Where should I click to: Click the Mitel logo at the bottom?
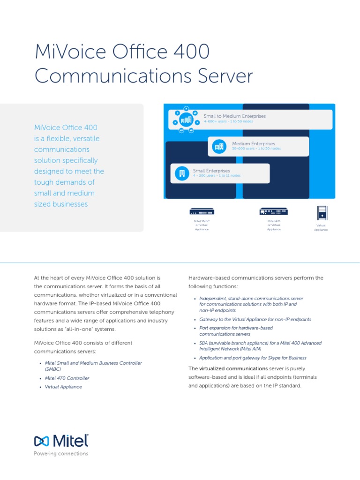(x=61, y=442)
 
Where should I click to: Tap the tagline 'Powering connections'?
(x=61, y=454)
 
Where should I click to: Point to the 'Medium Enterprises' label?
(x=254, y=143)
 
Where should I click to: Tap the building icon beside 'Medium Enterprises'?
(x=219, y=146)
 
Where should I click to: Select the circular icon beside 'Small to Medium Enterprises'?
(x=186, y=119)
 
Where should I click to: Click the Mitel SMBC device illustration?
(x=202, y=211)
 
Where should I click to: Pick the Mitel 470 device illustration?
(x=274, y=212)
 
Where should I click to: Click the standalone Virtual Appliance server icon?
(x=322, y=212)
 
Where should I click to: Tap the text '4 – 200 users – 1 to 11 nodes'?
(x=217, y=176)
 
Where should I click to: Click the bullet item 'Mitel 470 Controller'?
(x=67, y=378)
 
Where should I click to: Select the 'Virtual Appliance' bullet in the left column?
(x=63, y=387)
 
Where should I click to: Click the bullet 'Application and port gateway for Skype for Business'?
(x=253, y=358)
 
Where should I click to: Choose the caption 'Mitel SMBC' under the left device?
(x=202, y=221)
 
